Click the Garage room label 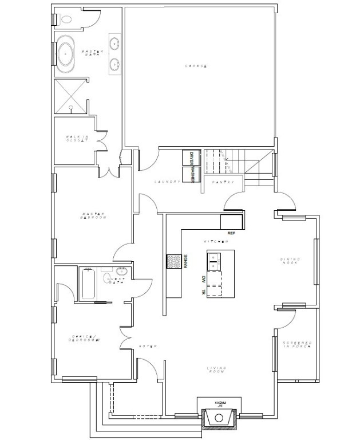(x=195, y=66)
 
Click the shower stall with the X (x=70, y=96)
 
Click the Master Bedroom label (x=94, y=216)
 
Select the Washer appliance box (x=189, y=175)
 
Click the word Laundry (x=167, y=182)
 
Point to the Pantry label (x=220, y=182)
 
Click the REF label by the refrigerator (x=231, y=234)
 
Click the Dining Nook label (x=290, y=262)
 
